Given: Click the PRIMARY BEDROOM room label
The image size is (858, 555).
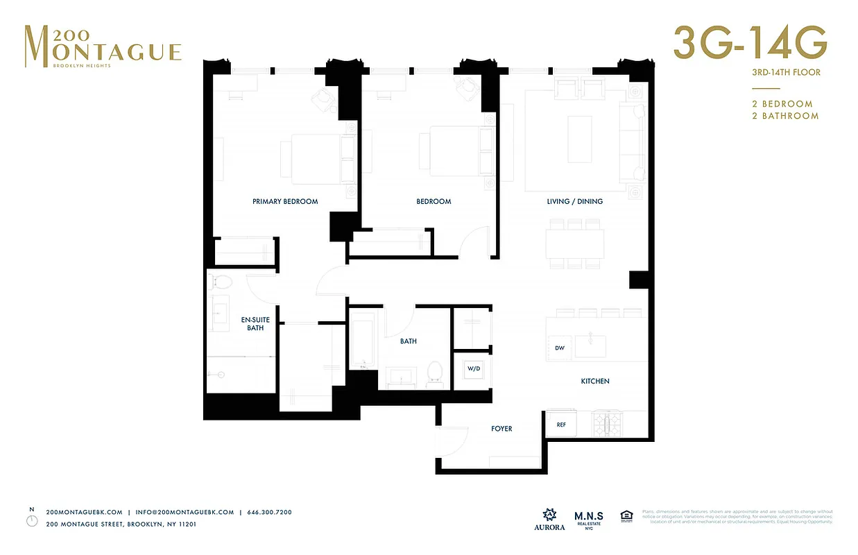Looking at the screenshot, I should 285,202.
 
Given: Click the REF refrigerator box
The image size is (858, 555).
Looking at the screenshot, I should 561,425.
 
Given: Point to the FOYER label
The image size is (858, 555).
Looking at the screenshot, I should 501,429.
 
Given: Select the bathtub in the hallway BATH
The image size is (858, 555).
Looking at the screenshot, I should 362,341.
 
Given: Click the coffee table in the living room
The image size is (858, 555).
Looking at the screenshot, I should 580,139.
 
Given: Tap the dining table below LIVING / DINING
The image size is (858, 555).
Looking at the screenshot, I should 574,244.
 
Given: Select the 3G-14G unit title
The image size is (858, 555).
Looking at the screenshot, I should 750,44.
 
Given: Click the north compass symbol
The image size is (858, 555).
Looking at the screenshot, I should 32,520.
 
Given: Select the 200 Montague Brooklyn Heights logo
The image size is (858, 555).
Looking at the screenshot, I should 103,46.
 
